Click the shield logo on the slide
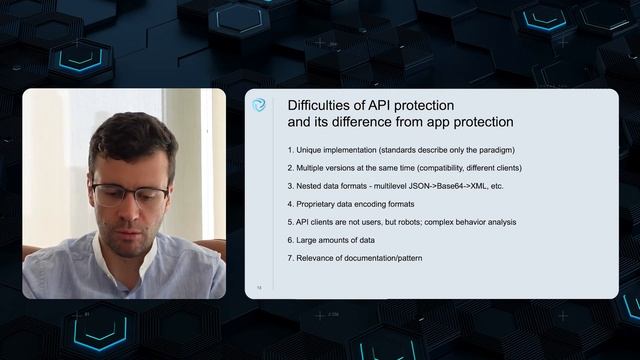point(259,105)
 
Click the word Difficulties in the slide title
point(319,105)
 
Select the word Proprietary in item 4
point(322,204)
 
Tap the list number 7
point(289,259)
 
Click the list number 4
point(289,204)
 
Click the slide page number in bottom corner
point(258,287)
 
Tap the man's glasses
point(130,192)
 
